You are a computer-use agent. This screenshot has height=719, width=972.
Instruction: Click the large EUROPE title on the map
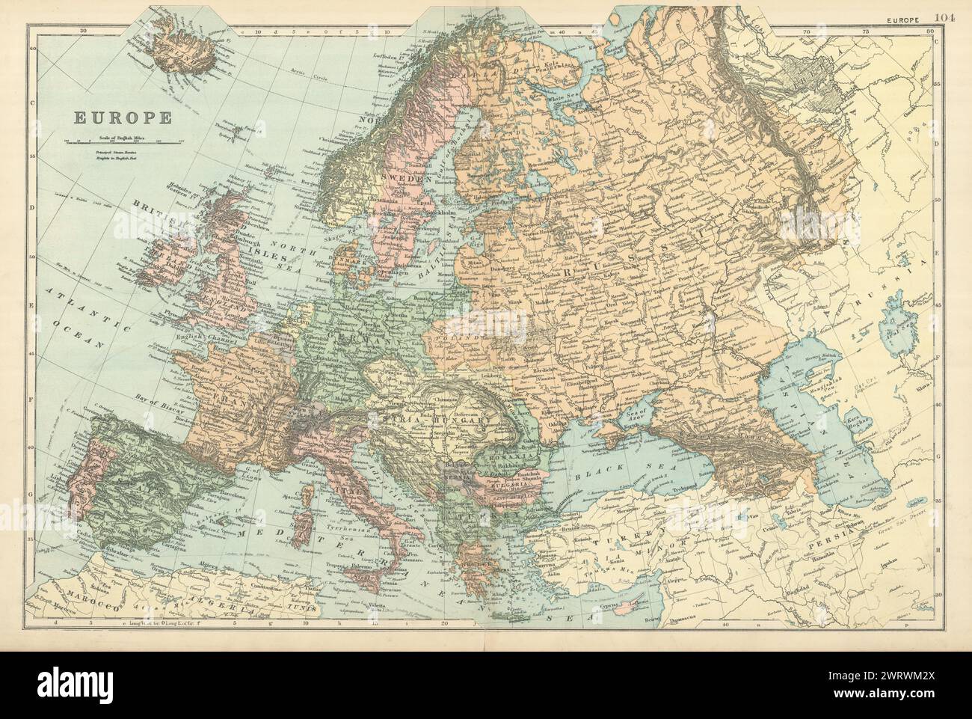123,117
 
